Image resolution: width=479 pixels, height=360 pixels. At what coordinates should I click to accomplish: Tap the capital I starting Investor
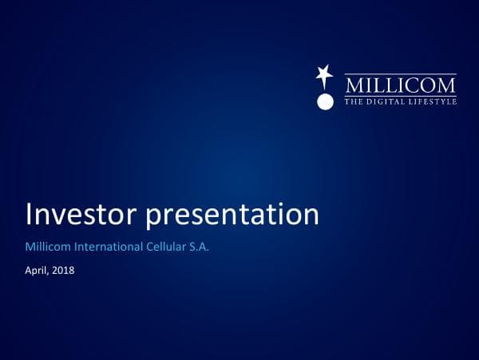[x=30, y=215]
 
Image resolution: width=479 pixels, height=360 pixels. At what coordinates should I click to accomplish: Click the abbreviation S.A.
[x=199, y=248]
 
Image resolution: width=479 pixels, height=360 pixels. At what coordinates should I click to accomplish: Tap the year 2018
[x=63, y=271]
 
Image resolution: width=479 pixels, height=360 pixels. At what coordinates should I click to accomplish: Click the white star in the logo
[x=324, y=76]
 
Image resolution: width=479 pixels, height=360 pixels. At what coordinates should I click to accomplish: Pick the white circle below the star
[x=324, y=101]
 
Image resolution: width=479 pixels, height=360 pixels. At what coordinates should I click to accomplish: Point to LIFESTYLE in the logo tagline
[x=433, y=102]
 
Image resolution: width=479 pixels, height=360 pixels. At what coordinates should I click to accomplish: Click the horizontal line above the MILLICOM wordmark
[x=400, y=74]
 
